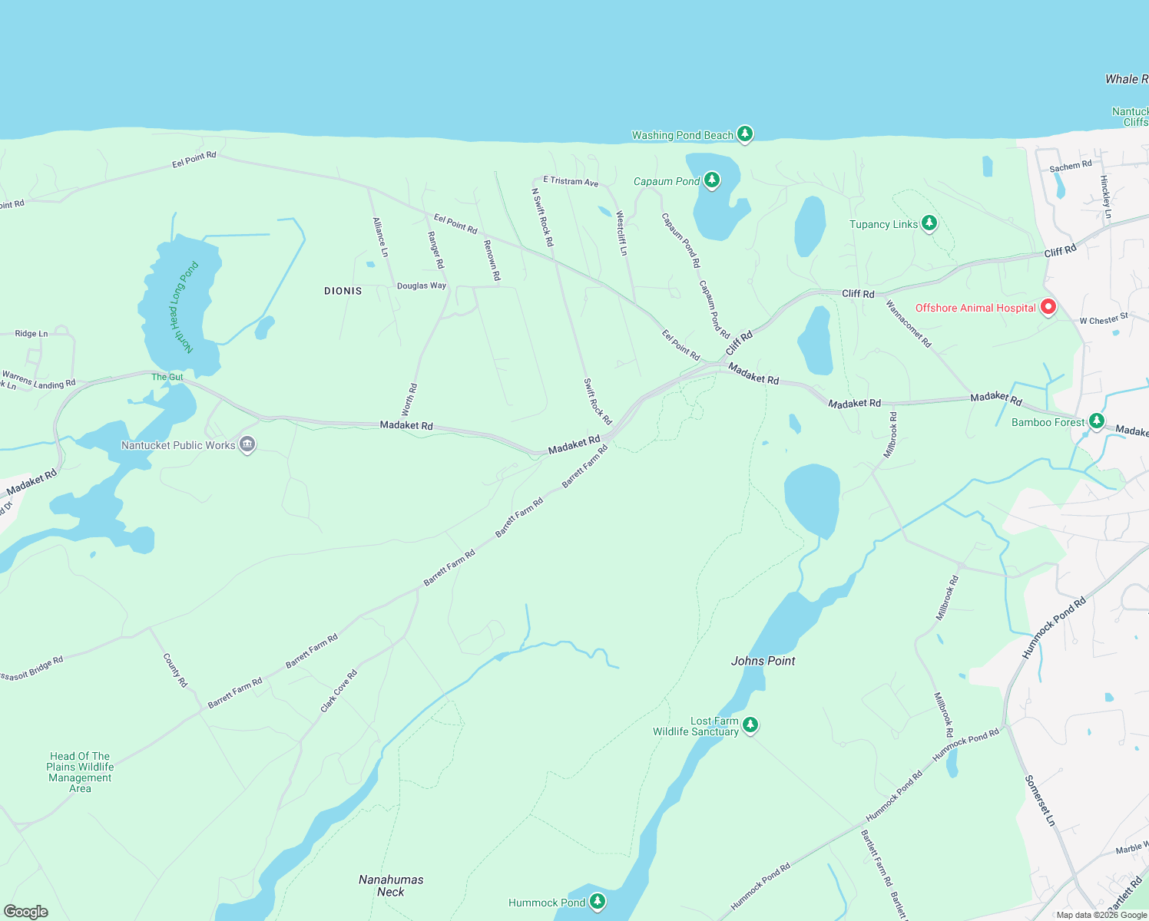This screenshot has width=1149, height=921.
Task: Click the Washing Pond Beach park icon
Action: pyautogui.click(x=744, y=134)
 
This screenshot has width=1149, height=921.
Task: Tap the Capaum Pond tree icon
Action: pyautogui.click(x=712, y=180)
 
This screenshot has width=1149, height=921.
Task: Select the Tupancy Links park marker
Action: pyautogui.click(x=929, y=223)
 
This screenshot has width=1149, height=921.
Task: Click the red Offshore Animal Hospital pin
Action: pyautogui.click(x=1048, y=307)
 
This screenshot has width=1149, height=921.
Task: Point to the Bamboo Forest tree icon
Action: pyautogui.click(x=1097, y=421)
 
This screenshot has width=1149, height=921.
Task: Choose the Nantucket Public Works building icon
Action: pyautogui.click(x=247, y=444)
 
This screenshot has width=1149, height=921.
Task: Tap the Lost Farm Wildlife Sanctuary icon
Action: pyautogui.click(x=750, y=725)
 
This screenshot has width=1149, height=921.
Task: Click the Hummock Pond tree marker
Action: pyautogui.click(x=598, y=902)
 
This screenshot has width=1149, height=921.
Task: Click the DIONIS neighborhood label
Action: pyautogui.click(x=343, y=291)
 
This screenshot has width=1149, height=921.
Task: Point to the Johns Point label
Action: pyautogui.click(x=763, y=661)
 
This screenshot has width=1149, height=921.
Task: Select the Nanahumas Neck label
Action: pyautogui.click(x=391, y=886)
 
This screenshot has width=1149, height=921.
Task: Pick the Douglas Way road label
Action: pyautogui.click(x=422, y=286)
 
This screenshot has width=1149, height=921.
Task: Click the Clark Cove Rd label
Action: pyautogui.click(x=339, y=692)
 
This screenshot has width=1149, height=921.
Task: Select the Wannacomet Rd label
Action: pyautogui.click(x=909, y=324)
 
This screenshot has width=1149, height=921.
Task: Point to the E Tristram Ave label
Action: pyautogui.click(x=571, y=181)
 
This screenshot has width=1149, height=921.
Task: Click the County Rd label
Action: pyautogui.click(x=175, y=670)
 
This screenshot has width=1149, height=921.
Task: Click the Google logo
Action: pyautogui.click(x=26, y=911)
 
